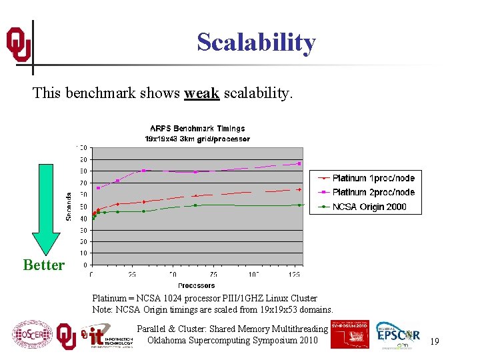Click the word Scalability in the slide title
point(256,43)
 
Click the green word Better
point(44,265)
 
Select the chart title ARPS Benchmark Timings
point(197,128)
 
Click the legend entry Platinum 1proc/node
point(373,178)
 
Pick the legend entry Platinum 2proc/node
point(373,192)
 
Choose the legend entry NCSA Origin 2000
point(369,207)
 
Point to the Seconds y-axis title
point(69,207)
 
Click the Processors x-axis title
point(197,285)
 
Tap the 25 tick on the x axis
point(132,275)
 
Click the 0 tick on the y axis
point(85,265)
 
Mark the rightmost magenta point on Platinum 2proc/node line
point(299,163)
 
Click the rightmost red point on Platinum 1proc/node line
point(299,189)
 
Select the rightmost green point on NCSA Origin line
point(299,205)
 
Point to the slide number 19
point(434,341)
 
